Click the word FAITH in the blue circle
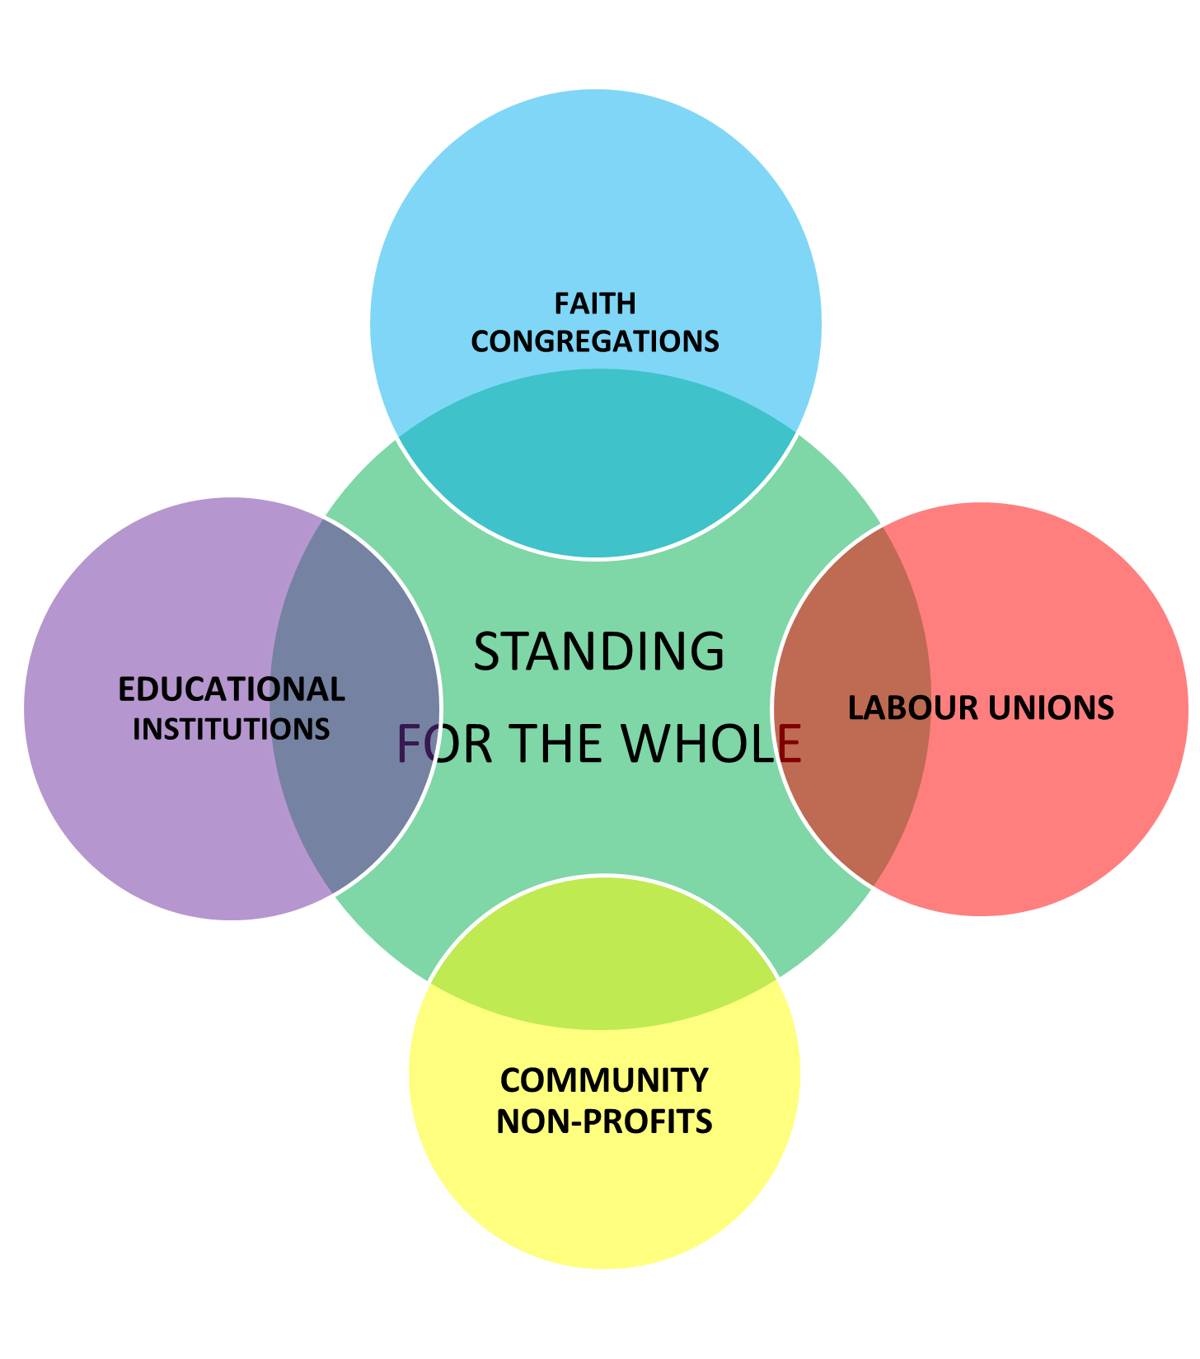tap(595, 304)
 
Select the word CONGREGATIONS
tap(595, 341)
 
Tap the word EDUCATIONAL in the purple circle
tap(232, 689)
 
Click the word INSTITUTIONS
tap(232, 729)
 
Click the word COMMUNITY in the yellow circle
tap(604, 1080)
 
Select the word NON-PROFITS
tap(604, 1122)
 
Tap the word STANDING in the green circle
tap(599, 651)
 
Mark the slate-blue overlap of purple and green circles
tap(354, 792)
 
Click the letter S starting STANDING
tap(488, 651)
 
